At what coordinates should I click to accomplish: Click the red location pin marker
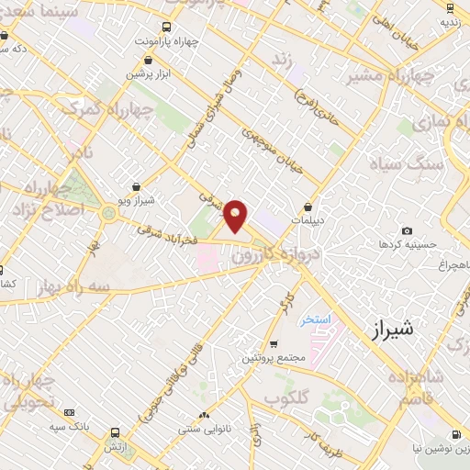(x=236, y=216)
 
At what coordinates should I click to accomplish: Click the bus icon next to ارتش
(x=115, y=432)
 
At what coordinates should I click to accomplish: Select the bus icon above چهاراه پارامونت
(x=166, y=27)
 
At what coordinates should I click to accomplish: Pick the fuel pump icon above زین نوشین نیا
(x=454, y=434)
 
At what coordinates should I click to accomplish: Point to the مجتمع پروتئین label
(x=271, y=357)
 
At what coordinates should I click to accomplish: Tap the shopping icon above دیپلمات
(x=308, y=207)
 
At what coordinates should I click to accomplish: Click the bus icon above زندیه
(x=448, y=6)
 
